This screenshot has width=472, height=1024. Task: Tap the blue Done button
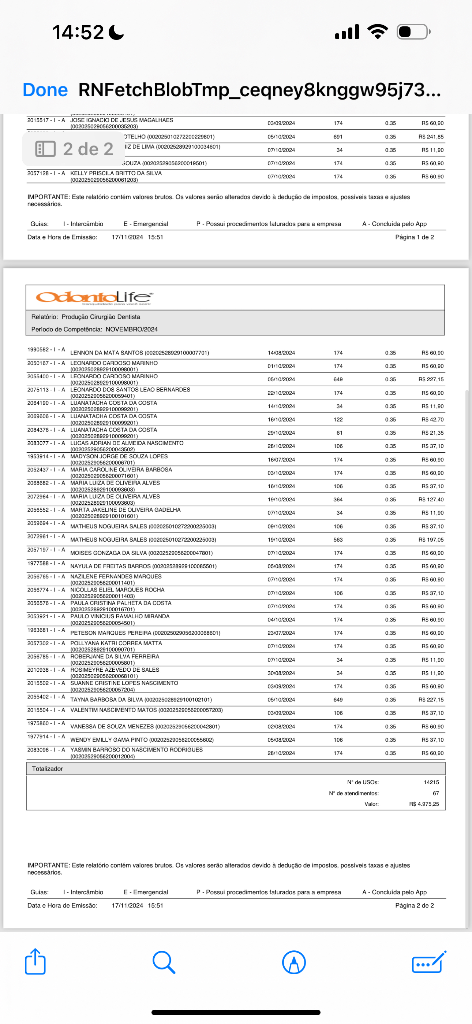click(45, 90)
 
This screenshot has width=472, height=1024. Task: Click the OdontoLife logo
click(94, 297)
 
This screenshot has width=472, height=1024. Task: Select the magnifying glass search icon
click(164, 962)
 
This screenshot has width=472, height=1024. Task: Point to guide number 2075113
click(38, 390)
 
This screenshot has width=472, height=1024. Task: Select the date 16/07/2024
click(281, 460)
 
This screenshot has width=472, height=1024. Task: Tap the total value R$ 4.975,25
click(424, 804)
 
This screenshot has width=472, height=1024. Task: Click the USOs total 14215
click(431, 782)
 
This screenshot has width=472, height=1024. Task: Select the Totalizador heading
click(47, 769)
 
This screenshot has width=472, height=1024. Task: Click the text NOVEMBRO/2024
click(131, 330)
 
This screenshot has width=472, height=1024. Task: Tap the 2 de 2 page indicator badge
click(74, 149)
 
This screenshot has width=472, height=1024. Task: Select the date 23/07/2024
click(281, 633)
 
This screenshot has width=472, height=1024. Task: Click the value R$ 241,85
click(431, 137)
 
